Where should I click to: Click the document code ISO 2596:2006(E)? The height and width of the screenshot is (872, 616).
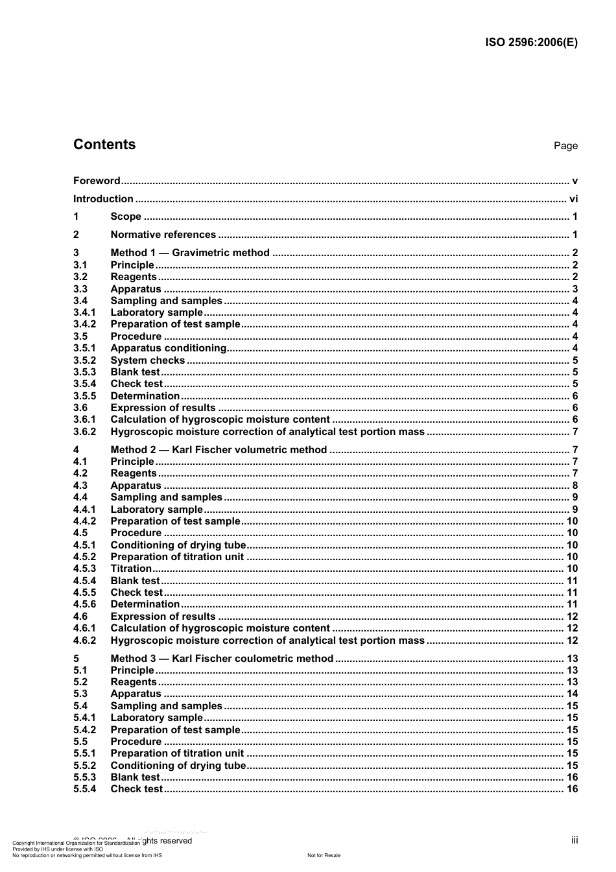tap(531, 43)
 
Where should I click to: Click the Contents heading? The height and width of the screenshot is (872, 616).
tap(104, 145)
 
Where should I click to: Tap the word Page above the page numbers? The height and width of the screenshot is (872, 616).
tap(565, 146)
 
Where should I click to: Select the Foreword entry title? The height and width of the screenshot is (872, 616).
tap(97, 181)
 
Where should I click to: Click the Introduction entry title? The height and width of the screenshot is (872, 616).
tap(103, 199)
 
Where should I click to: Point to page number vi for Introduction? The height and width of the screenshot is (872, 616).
tap(573, 199)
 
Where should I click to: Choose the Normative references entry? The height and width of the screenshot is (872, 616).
tap(163, 235)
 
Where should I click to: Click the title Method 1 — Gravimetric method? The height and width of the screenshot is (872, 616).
tap(190, 253)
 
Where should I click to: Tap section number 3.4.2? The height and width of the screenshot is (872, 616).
tap(84, 324)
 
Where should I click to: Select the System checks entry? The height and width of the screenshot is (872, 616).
tap(147, 360)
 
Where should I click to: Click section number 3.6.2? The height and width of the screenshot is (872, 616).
tap(84, 432)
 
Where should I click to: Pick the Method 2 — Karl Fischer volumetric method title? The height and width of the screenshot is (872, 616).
tap(219, 450)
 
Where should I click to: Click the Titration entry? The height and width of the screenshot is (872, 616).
tap(131, 569)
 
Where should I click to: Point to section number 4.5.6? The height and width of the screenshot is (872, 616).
tap(84, 604)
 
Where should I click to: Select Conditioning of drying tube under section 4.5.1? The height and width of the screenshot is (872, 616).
tap(178, 545)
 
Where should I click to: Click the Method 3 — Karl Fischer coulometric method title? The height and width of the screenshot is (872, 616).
tap(222, 659)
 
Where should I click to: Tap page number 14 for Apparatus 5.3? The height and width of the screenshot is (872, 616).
tap(572, 694)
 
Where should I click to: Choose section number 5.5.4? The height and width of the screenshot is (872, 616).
tap(84, 789)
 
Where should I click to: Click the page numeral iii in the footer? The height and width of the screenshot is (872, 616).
tap(575, 840)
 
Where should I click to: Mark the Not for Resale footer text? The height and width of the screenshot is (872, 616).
tap(324, 855)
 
